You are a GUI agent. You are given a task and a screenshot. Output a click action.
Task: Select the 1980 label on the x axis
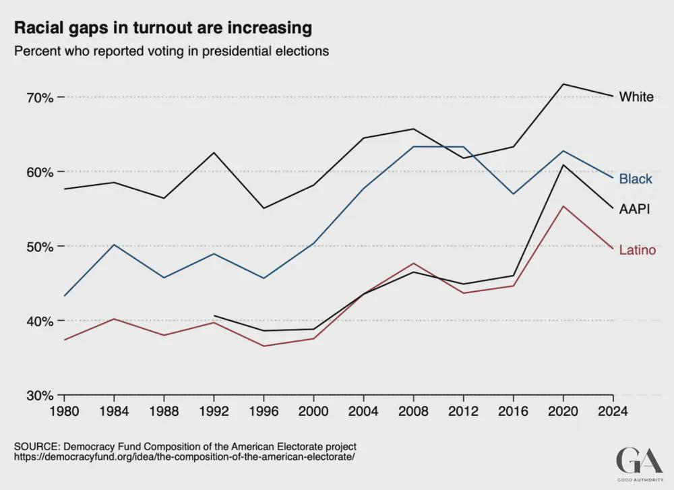(63, 410)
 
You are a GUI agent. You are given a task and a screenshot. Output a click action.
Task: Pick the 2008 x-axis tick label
(413, 410)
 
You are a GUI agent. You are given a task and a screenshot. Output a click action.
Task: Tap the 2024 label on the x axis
(613, 410)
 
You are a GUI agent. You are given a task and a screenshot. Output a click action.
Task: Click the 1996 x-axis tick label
(264, 410)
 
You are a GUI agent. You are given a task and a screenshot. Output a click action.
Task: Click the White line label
(636, 97)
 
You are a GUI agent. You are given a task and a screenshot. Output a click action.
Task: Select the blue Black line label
(636, 179)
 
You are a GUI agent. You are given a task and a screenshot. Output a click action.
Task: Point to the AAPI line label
(634, 209)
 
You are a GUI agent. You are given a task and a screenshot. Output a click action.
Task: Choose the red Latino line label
(638, 250)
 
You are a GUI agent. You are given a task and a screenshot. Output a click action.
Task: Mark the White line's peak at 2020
(563, 84)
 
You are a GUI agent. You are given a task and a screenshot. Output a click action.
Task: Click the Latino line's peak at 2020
(563, 206)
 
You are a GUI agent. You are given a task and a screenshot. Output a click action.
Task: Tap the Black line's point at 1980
(64, 296)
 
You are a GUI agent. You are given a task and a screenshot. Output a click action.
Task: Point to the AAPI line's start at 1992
(214, 315)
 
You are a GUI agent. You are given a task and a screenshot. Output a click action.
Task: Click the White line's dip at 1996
(264, 208)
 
